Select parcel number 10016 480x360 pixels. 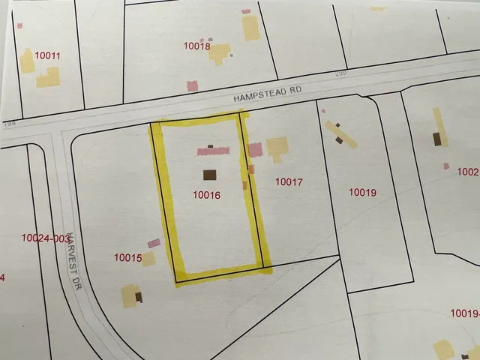coord(206,195)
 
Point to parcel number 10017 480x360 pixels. coord(289,181)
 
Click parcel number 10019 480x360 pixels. coord(362,193)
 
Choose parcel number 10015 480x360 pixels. coord(128,258)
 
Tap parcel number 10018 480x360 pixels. coord(197,46)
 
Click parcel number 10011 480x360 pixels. coord(48,55)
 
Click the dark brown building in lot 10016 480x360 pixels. coord(209,175)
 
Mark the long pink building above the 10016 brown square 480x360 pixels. coord(214,151)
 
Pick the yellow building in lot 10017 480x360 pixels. coord(277,148)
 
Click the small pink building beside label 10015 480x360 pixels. coord(154,243)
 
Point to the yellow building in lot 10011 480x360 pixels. coord(48,76)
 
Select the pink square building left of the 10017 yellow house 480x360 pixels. coord(256,149)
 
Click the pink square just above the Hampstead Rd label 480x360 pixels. coord(193,85)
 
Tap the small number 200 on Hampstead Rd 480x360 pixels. coord(342,73)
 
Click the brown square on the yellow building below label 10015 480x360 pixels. coord(139,297)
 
